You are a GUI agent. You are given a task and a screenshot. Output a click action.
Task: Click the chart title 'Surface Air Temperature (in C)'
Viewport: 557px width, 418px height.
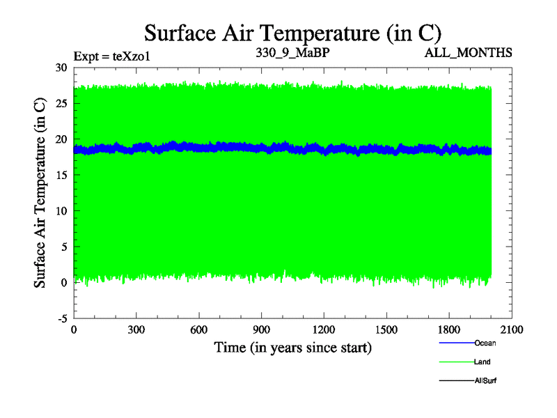[292, 33]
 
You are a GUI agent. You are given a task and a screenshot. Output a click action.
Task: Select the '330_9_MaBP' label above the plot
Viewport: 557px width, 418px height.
[292, 52]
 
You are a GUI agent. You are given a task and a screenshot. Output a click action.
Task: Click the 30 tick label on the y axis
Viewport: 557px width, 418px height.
[61, 68]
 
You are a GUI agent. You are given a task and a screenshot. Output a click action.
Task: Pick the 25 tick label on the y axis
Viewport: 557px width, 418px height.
[61, 103]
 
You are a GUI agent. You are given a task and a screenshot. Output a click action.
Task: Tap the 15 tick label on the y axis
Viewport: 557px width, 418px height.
[61, 175]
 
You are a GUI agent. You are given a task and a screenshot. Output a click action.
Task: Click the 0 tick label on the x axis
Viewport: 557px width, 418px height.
[74, 330]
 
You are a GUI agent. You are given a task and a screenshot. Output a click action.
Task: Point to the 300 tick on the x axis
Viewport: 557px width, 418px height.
[136, 330]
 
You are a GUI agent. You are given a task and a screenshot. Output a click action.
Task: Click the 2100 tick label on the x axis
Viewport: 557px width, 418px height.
[512, 330]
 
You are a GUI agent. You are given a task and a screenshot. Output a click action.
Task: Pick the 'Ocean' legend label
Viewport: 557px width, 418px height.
[485, 343]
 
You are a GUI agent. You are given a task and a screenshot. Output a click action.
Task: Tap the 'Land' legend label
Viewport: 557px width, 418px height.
[483, 362]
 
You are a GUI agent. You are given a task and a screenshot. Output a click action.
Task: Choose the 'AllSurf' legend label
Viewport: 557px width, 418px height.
[485, 380]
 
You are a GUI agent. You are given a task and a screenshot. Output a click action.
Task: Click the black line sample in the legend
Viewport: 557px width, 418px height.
[456, 380]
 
